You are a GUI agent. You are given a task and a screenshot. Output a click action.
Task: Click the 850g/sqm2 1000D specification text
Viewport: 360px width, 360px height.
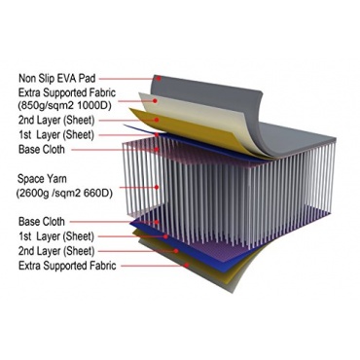(x=65, y=106)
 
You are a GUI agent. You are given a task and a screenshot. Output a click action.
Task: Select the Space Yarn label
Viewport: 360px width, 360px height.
(x=42, y=179)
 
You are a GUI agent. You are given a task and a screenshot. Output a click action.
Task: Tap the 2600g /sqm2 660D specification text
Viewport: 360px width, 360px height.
(x=64, y=194)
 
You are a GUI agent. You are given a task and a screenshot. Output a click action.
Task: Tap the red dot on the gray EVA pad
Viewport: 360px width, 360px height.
(x=159, y=78)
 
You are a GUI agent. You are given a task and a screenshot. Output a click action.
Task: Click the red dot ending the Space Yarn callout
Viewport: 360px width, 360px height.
(x=157, y=187)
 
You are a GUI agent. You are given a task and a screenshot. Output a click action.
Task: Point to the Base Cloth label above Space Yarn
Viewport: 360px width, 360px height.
(x=42, y=150)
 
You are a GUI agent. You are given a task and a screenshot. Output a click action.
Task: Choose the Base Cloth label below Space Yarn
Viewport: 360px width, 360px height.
(x=42, y=222)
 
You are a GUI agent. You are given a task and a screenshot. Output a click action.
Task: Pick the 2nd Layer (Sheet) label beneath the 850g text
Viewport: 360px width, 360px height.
(x=56, y=121)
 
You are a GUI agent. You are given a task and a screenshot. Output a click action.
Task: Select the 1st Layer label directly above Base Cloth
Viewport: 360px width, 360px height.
(x=56, y=135)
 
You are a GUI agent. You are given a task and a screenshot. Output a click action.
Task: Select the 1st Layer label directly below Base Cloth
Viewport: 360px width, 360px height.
(x=56, y=236)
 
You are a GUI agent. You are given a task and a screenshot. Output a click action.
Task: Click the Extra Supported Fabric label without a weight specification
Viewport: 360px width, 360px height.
(x=67, y=266)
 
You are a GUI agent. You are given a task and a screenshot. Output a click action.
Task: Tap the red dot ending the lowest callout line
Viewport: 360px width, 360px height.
(x=187, y=266)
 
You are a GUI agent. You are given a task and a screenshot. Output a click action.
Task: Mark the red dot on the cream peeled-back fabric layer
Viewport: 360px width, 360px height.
(x=155, y=101)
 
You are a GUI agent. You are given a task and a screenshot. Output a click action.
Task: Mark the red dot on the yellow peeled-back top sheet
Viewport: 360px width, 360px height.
(x=157, y=120)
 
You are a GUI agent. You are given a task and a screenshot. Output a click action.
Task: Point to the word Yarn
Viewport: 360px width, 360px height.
(x=55, y=179)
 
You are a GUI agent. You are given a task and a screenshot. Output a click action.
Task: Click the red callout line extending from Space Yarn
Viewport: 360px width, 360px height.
(x=138, y=187)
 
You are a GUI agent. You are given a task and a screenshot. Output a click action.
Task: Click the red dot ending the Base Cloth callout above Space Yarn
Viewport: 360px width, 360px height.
(x=157, y=150)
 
